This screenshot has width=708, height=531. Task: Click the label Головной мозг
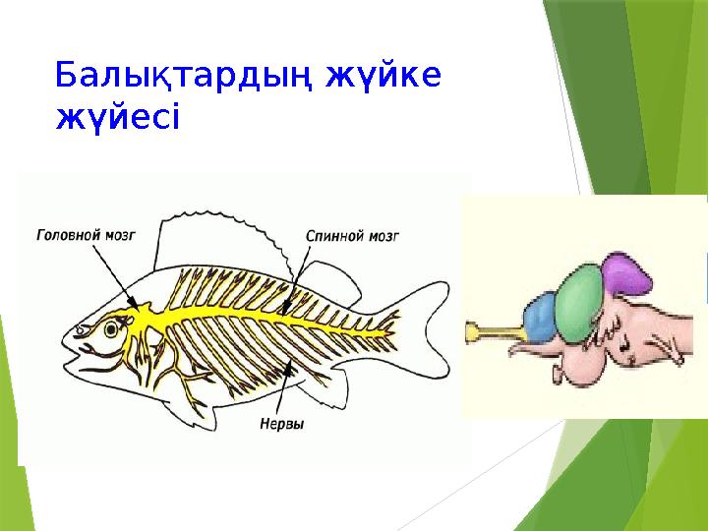click(x=86, y=235)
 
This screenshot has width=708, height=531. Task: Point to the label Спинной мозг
click(x=352, y=236)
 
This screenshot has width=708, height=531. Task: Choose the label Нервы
click(x=281, y=424)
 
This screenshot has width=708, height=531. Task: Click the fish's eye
click(x=109, y=329)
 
